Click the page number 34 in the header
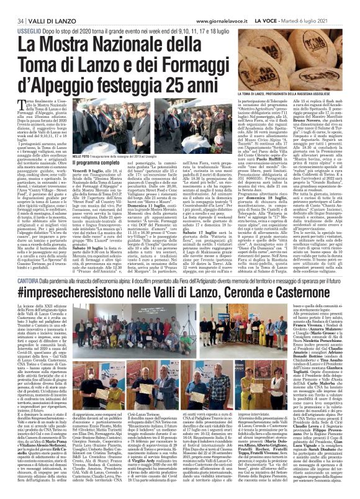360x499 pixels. coord(12,6)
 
